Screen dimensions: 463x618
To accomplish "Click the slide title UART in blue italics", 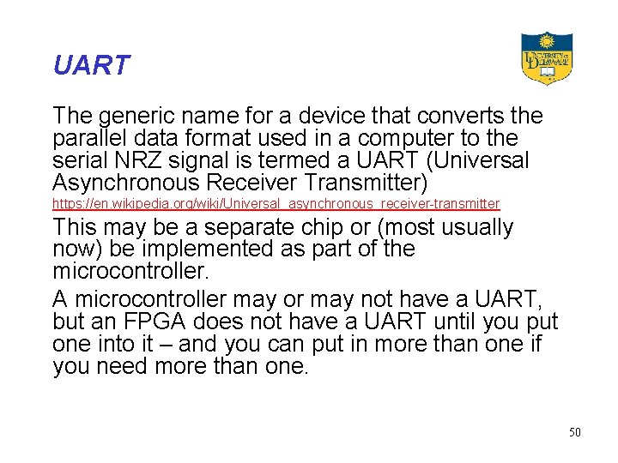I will pyautogui.click(x=91, y=65).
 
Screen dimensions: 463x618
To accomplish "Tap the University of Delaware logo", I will pyautogui.click(x=546, y=58).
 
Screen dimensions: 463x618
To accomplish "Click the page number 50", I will pyautogui.click(x=574, y=432).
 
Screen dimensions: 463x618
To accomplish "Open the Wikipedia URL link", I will pyautogui.click(x=276, y=204).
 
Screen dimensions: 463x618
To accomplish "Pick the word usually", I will pyautogui.click(x=474, y=228).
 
